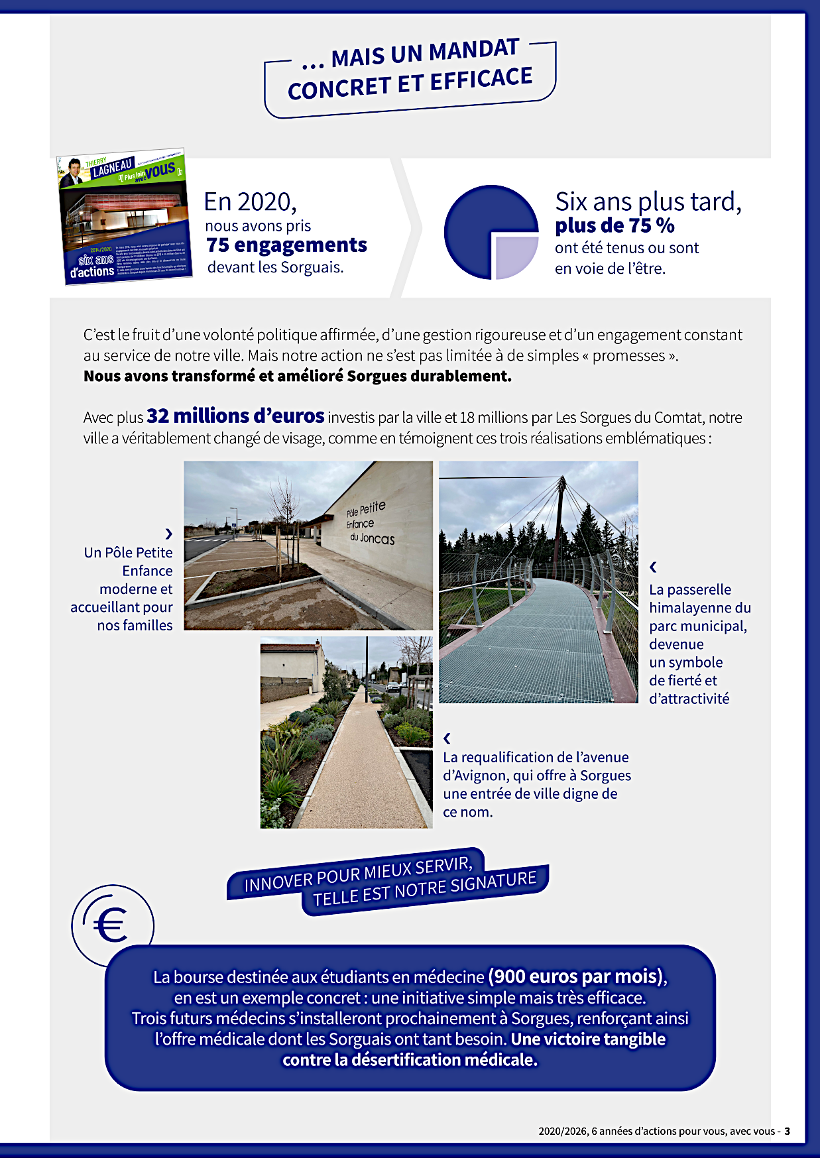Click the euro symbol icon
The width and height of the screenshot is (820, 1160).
(111, 924)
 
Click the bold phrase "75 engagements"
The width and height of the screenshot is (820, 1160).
(286, 245)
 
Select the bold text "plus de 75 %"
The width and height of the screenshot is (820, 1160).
(615, 225)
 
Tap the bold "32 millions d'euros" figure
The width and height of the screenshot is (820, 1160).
(235, 416)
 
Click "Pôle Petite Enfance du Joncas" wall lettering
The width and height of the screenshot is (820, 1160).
(369, 523)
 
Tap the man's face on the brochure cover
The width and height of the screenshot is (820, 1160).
(74, 168)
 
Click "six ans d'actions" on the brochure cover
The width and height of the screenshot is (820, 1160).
(93, 266)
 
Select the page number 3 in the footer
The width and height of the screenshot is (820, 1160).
(787, 1131)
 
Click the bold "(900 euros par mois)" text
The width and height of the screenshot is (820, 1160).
(576, 976)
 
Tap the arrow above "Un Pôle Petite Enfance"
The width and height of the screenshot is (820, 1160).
(168, 534)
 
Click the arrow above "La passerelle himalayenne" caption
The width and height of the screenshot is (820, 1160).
(654, 567)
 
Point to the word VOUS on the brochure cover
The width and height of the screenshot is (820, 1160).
(160, 170)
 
